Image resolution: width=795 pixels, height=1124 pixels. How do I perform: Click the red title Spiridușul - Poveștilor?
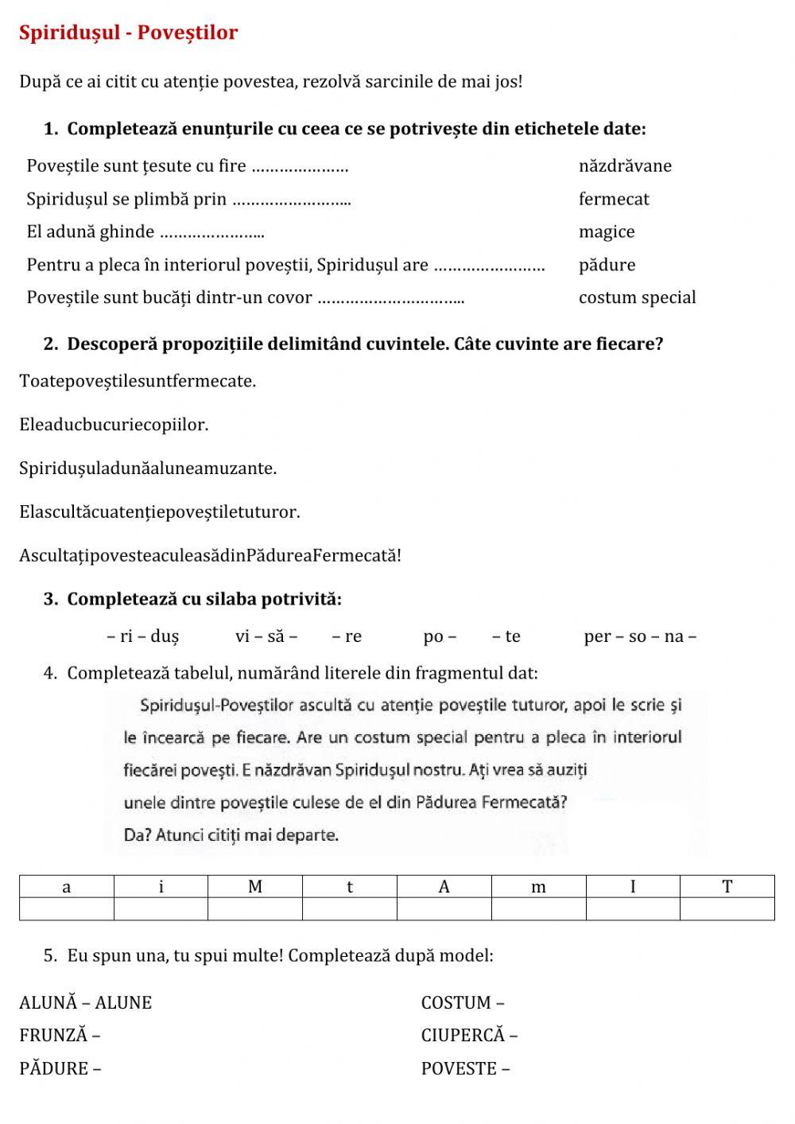pos(128,33)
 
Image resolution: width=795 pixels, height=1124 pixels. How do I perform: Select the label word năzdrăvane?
pos(625,165)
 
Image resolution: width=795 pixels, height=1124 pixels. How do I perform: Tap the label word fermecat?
pos(614,199)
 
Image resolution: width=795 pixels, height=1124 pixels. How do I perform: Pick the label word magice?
pos(607,231)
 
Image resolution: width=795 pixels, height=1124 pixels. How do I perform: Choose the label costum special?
pos(637,298)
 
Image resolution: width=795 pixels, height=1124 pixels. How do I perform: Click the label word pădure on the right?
pos(607,265)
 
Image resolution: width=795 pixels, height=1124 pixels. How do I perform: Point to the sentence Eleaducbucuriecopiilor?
pos(114,424)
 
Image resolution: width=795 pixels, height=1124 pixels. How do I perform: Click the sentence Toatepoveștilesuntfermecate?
pos(138,381)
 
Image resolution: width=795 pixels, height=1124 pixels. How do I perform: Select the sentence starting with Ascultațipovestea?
pos(210,555)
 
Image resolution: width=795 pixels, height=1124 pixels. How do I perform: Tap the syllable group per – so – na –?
pos(639,636)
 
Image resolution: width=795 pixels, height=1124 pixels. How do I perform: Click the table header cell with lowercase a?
pos(67,887)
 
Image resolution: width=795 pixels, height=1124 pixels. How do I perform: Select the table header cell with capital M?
pos(255,887)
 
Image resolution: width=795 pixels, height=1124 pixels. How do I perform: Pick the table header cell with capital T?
pos(727,887)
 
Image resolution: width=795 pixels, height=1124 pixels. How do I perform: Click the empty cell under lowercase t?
pos(350,908)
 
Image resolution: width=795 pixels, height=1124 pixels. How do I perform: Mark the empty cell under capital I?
pos(633,908)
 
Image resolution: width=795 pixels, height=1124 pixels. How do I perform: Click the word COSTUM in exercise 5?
pos(456,1003)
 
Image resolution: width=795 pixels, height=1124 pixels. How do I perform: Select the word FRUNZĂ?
pos(53,1036)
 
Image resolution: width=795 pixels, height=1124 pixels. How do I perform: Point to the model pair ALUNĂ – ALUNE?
pos(85,1003)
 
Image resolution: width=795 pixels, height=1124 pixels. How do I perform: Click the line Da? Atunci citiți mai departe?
pos(231,835)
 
